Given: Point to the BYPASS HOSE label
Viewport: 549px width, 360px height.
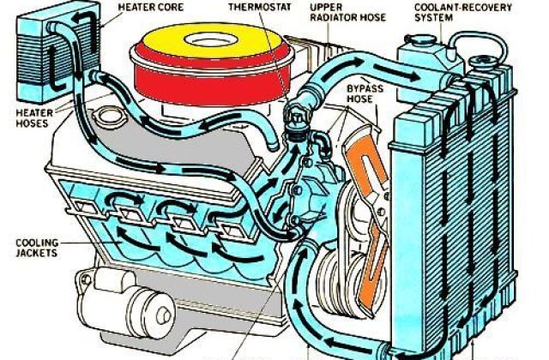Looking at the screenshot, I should point(364,93).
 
